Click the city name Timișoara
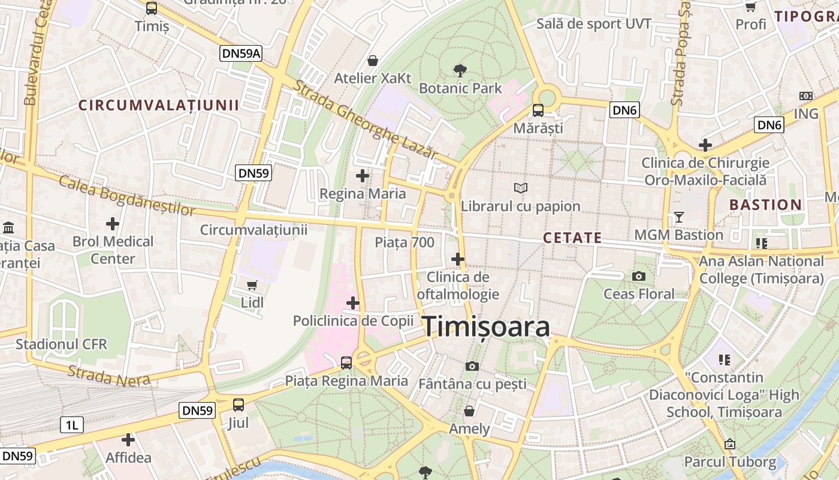(x=487, y=328)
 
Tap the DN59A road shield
(x=241, y=53)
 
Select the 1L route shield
(x=71, y=425)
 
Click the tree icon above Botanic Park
(x=460, y=71)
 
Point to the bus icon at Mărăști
(x=538, y=110)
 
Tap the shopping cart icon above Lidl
(x=252, y=285)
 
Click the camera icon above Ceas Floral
(x=639, y=276)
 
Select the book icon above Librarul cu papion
(x=521, y=188)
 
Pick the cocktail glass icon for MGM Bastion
(x=678, y=217)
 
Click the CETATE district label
(x=572, y=238)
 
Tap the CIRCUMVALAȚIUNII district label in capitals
(x=159, y=106)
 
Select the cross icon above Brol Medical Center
(x=113, y=224)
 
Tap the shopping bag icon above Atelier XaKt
(x=373, y=61)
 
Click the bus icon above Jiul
(x=239, y=405)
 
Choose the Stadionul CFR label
(x=61, y=344)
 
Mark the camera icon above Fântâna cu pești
(x=472, y=366)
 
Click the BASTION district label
(x=765, y=205)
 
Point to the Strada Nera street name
(x=101, y=376)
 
